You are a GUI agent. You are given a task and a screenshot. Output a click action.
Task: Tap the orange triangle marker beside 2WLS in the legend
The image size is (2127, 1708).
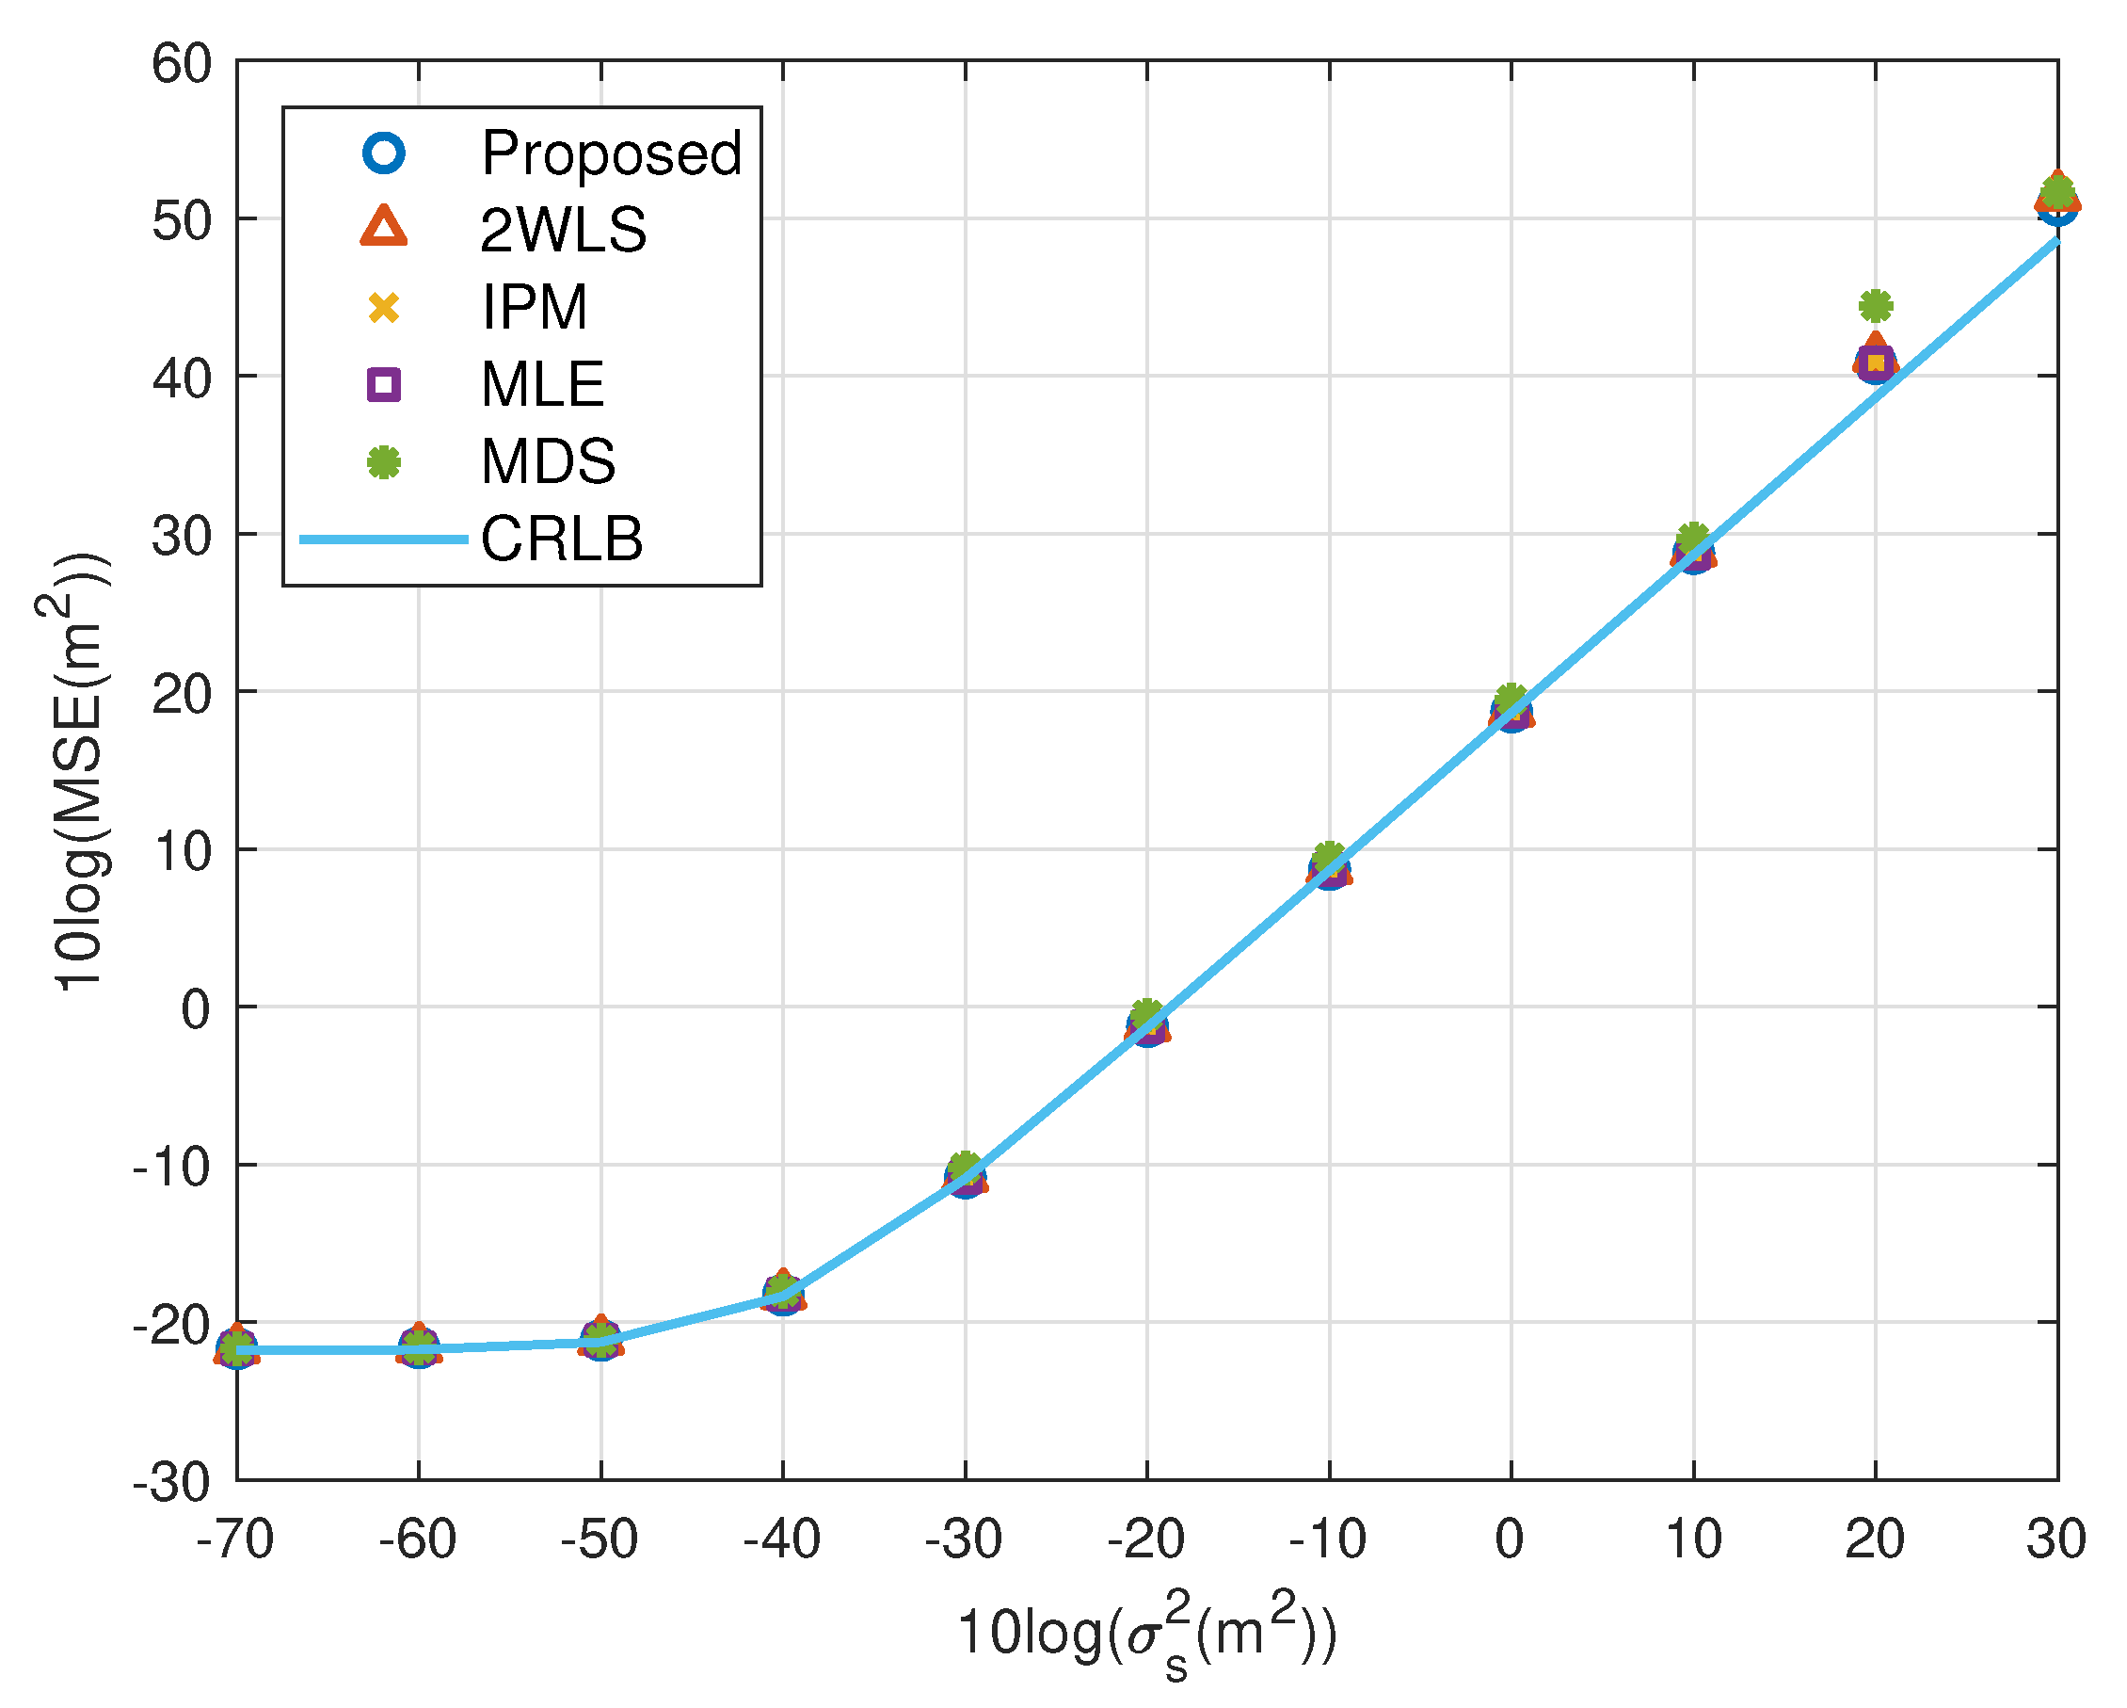pos(384,228)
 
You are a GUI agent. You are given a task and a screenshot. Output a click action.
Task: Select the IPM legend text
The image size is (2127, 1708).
pos(534,307)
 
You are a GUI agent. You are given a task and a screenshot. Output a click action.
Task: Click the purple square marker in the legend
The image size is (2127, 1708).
pos(384,384)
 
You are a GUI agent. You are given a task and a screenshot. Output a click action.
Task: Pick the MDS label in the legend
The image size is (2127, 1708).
pos(548,460)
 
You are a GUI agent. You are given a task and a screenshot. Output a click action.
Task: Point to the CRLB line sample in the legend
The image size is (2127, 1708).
pos(384,539)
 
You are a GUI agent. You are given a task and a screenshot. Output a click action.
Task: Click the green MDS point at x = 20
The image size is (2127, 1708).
pos(1876,306)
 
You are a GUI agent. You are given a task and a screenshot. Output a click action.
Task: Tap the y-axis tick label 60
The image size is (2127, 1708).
pos(182,65)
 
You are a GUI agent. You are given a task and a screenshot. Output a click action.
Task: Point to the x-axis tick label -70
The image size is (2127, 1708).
pos(234,1539)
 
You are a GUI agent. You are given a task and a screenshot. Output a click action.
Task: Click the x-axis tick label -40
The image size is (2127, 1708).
pos(781,1539)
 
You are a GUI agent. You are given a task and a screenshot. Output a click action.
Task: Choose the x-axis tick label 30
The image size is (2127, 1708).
pos(2056,1539)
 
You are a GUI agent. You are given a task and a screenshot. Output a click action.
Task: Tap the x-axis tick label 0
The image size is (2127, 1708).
pos(1510,1539)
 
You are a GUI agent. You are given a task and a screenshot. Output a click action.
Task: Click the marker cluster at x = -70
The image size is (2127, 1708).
pos(237,1347)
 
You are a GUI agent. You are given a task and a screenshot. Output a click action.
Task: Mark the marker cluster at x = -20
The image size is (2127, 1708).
pos(1147,1026)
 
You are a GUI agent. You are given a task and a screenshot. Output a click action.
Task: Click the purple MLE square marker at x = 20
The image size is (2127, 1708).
pos(1876,363)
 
